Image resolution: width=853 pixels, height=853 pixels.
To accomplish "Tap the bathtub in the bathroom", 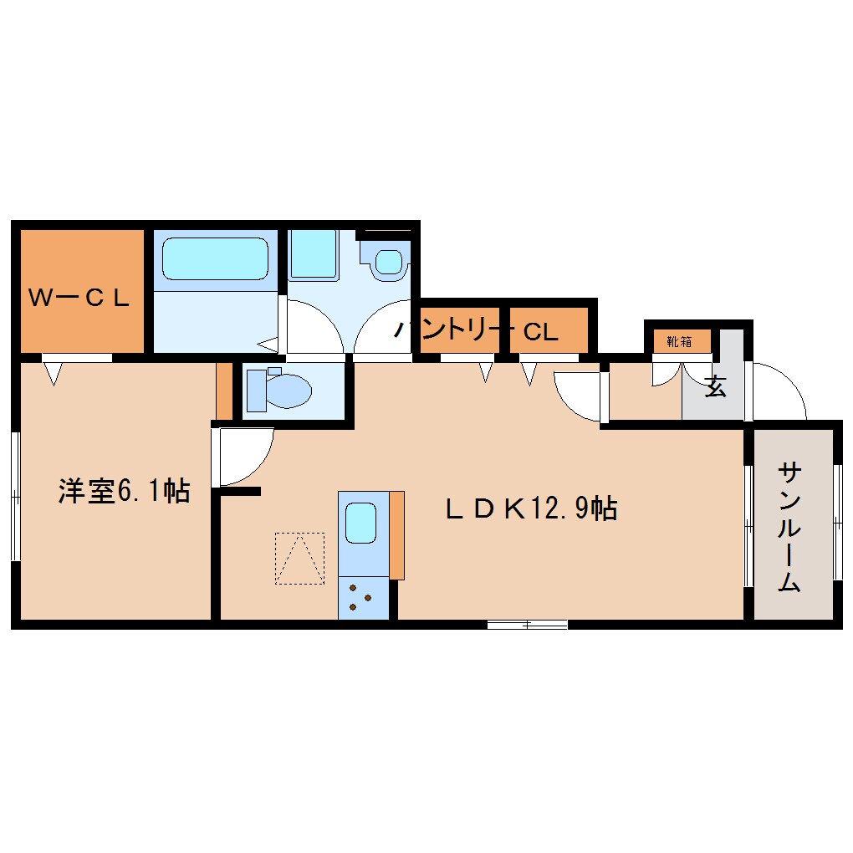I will (215, 258).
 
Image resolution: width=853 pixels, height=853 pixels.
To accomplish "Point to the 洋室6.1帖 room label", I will (124, 491).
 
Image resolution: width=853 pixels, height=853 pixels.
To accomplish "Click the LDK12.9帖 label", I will (532, 508).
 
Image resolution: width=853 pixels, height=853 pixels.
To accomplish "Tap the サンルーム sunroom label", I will (789, 527).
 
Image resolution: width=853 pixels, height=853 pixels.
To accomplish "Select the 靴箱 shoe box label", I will (678, 341).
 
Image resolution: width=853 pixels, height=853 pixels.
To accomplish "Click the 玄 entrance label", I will (715, 387).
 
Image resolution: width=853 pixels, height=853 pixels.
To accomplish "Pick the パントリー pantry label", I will (452, 330).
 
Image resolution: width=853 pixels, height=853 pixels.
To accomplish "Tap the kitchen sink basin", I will (362, 523).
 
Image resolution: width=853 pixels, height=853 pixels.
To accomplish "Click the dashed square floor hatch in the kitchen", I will (299, 558).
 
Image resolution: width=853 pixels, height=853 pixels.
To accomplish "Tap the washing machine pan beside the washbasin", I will (313, 253).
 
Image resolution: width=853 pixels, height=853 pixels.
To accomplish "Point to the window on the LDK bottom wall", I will (527, 624).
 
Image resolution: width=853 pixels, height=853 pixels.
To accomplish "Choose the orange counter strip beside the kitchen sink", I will (396, 535).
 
